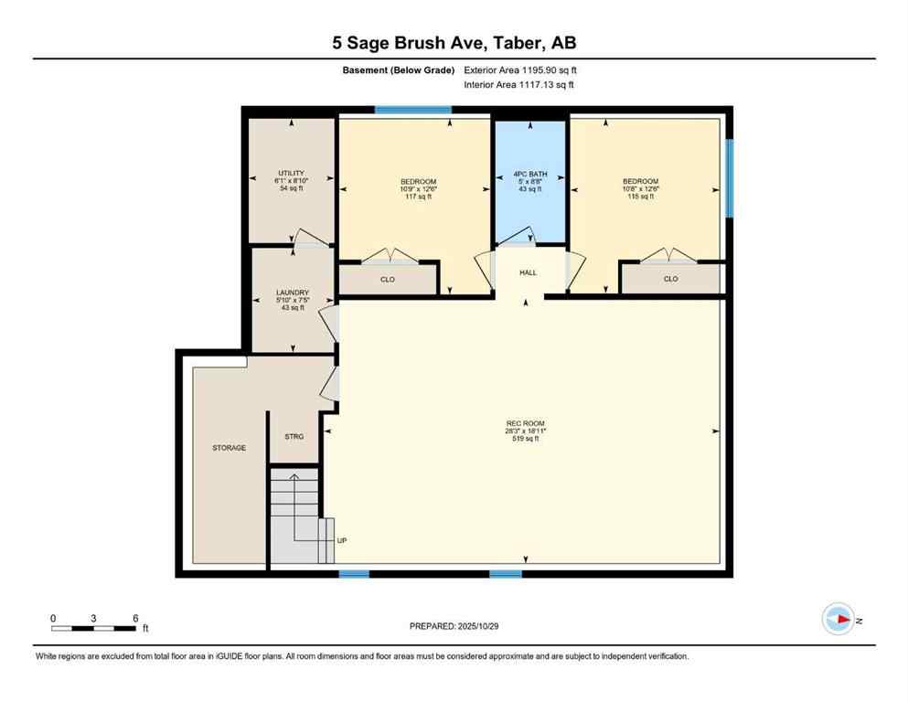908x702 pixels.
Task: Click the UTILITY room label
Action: pyautogui.click(x=291, y=173)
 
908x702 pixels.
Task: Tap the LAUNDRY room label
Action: pyautogui.click(x=293, y=292)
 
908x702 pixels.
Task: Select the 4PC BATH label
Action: pyautogui.click(x=529, y=173)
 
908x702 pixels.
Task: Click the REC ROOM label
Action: pyautogui.click(x=525, y=423)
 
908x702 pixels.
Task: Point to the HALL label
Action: pyautogui.click(x=529, y=272)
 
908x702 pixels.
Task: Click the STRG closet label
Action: pyautogui.click(x=293, y=437)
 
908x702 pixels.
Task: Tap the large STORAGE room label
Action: pyautogui.click(x=229, y=448)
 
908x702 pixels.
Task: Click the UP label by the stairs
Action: pyautogui.click(x=342, y=540)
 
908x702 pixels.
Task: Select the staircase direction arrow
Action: pyautogui.click(x=294, y=478)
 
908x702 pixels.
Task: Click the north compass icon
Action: pyautogui.click(x=838, y=619)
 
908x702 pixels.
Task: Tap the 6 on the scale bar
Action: pyautogui.click(x=135, y=618)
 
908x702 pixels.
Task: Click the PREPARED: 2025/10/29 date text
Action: pyautogui.click(x=454, y=626)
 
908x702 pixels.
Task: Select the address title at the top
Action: pyautogui.click(x=454, y=43)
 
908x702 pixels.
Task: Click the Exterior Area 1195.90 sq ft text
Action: pyautogui.click(x=520, y=69)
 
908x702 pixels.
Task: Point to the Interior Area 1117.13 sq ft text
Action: pyautogui.click(x=520, y=85)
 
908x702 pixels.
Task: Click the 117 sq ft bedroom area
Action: pyautogui.click(x=418, y=197)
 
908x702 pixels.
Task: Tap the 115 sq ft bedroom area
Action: pyautogui.click(x=640, y=197)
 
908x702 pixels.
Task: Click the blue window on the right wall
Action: pyautogui.click(x=729, y=177)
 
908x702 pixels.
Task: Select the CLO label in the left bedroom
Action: pyautogui.click(x=388, y=279)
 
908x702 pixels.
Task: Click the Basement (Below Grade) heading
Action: pyautogui.click(x=399, y=69)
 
